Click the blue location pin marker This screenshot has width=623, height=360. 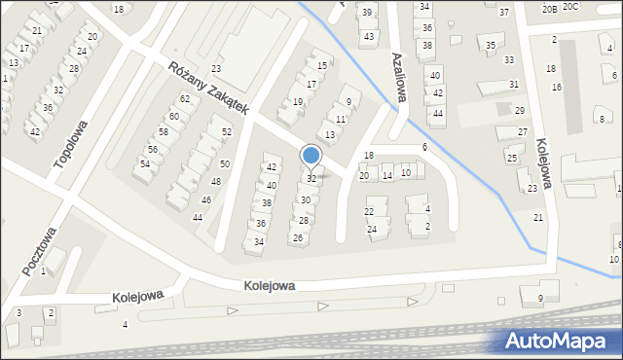click(311, 156)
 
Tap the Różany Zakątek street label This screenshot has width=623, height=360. click(208, 90)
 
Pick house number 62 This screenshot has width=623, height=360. click(184, 99)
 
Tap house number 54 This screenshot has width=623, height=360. click(144, 164)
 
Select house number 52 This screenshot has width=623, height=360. click(227, 131)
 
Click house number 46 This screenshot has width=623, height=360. click(205, 199)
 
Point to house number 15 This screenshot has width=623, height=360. click(323, 66)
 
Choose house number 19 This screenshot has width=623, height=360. click(298, 101)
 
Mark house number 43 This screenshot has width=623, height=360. click(368, 37)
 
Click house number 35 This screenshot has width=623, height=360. click(491, 45)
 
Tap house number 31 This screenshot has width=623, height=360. click(513, 85)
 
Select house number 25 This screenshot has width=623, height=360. click(511, 157)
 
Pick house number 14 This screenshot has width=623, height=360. click(387, 175)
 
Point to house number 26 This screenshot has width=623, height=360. click(297, 238)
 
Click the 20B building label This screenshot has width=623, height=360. click(550, 8)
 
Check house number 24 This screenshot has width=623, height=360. click(371, 229)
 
